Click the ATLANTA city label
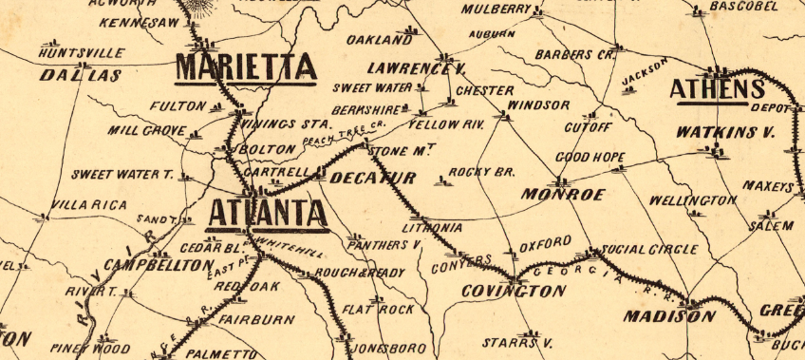click(267, 213)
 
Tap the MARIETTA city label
click(245, 68)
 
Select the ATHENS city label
click(717, 89)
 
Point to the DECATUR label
click(374, 179)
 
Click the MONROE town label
click(563, 195)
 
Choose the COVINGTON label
click(513, 292)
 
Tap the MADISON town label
click(668, 315)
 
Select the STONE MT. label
click(401, 151)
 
